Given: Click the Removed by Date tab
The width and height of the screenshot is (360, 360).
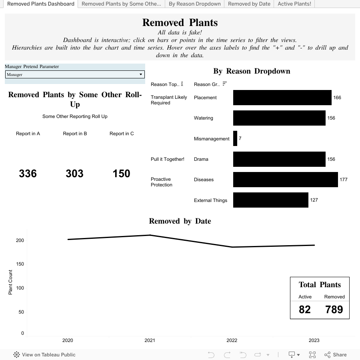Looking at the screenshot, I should point(249,4).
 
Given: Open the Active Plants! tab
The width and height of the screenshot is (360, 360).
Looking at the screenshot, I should point(294,4).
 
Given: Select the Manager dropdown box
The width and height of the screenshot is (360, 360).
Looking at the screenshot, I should point(75,74).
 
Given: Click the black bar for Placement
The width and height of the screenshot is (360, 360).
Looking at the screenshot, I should point(282,98).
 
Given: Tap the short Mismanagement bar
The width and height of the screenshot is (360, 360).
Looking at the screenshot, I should point(235,138).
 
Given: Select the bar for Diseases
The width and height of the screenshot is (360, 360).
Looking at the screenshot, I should point(285,180).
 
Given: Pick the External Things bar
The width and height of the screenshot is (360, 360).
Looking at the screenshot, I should point(270,200).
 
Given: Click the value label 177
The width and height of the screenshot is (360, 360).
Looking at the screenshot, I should point(343,180).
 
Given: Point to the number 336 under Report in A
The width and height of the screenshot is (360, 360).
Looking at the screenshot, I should point(28,174).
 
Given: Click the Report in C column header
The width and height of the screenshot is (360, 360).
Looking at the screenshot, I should point(122,134).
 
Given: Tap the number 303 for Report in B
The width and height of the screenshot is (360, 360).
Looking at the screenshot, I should point(75,174).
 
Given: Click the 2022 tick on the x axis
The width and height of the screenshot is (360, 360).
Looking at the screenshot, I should point(232,340).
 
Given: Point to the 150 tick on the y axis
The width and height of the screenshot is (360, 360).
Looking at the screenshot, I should point(20,264).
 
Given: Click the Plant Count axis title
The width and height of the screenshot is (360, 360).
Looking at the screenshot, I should point(10,282).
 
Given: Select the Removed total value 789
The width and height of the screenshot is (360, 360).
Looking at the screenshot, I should point(334,310).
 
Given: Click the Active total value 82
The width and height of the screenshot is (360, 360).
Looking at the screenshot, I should point(305,310).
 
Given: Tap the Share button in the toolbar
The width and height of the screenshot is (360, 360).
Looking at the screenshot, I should point(336,354).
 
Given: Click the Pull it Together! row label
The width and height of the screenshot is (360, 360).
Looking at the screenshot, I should point(168,159).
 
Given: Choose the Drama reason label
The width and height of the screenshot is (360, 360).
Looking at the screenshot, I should point(201,159).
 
